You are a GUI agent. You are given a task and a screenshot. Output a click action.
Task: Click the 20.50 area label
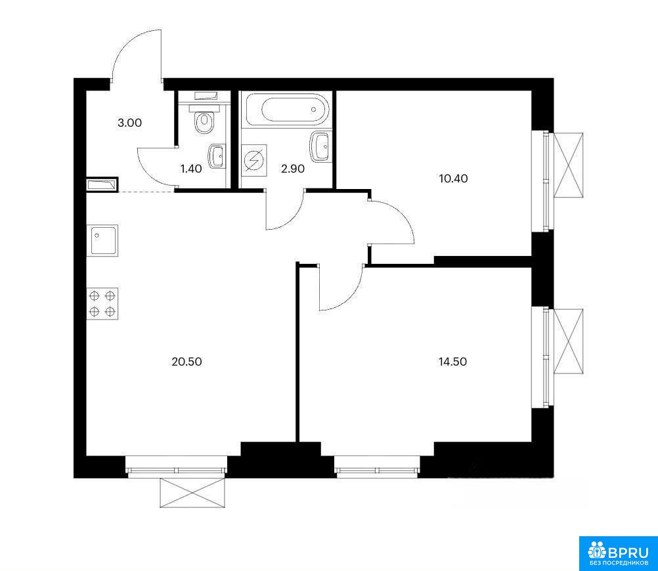186,361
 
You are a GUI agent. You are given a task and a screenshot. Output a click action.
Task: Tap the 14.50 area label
453,361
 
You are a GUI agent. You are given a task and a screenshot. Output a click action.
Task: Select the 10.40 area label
453,179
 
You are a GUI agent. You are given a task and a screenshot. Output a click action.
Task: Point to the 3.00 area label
129,123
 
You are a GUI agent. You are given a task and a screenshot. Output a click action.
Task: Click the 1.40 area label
191,169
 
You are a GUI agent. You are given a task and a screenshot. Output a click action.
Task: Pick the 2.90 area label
293,169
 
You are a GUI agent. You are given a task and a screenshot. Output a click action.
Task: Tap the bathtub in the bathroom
288,110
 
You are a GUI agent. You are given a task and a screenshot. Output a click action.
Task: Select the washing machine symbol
254,161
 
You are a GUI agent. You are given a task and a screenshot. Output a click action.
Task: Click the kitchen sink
102,240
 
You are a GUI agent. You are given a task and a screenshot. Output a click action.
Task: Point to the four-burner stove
102,304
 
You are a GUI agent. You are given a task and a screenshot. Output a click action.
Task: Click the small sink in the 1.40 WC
217,156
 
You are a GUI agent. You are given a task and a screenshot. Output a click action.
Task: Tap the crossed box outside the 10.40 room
569,165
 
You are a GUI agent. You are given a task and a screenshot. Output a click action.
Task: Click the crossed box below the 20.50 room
192,493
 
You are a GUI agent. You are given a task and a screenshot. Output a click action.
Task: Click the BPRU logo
618,553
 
